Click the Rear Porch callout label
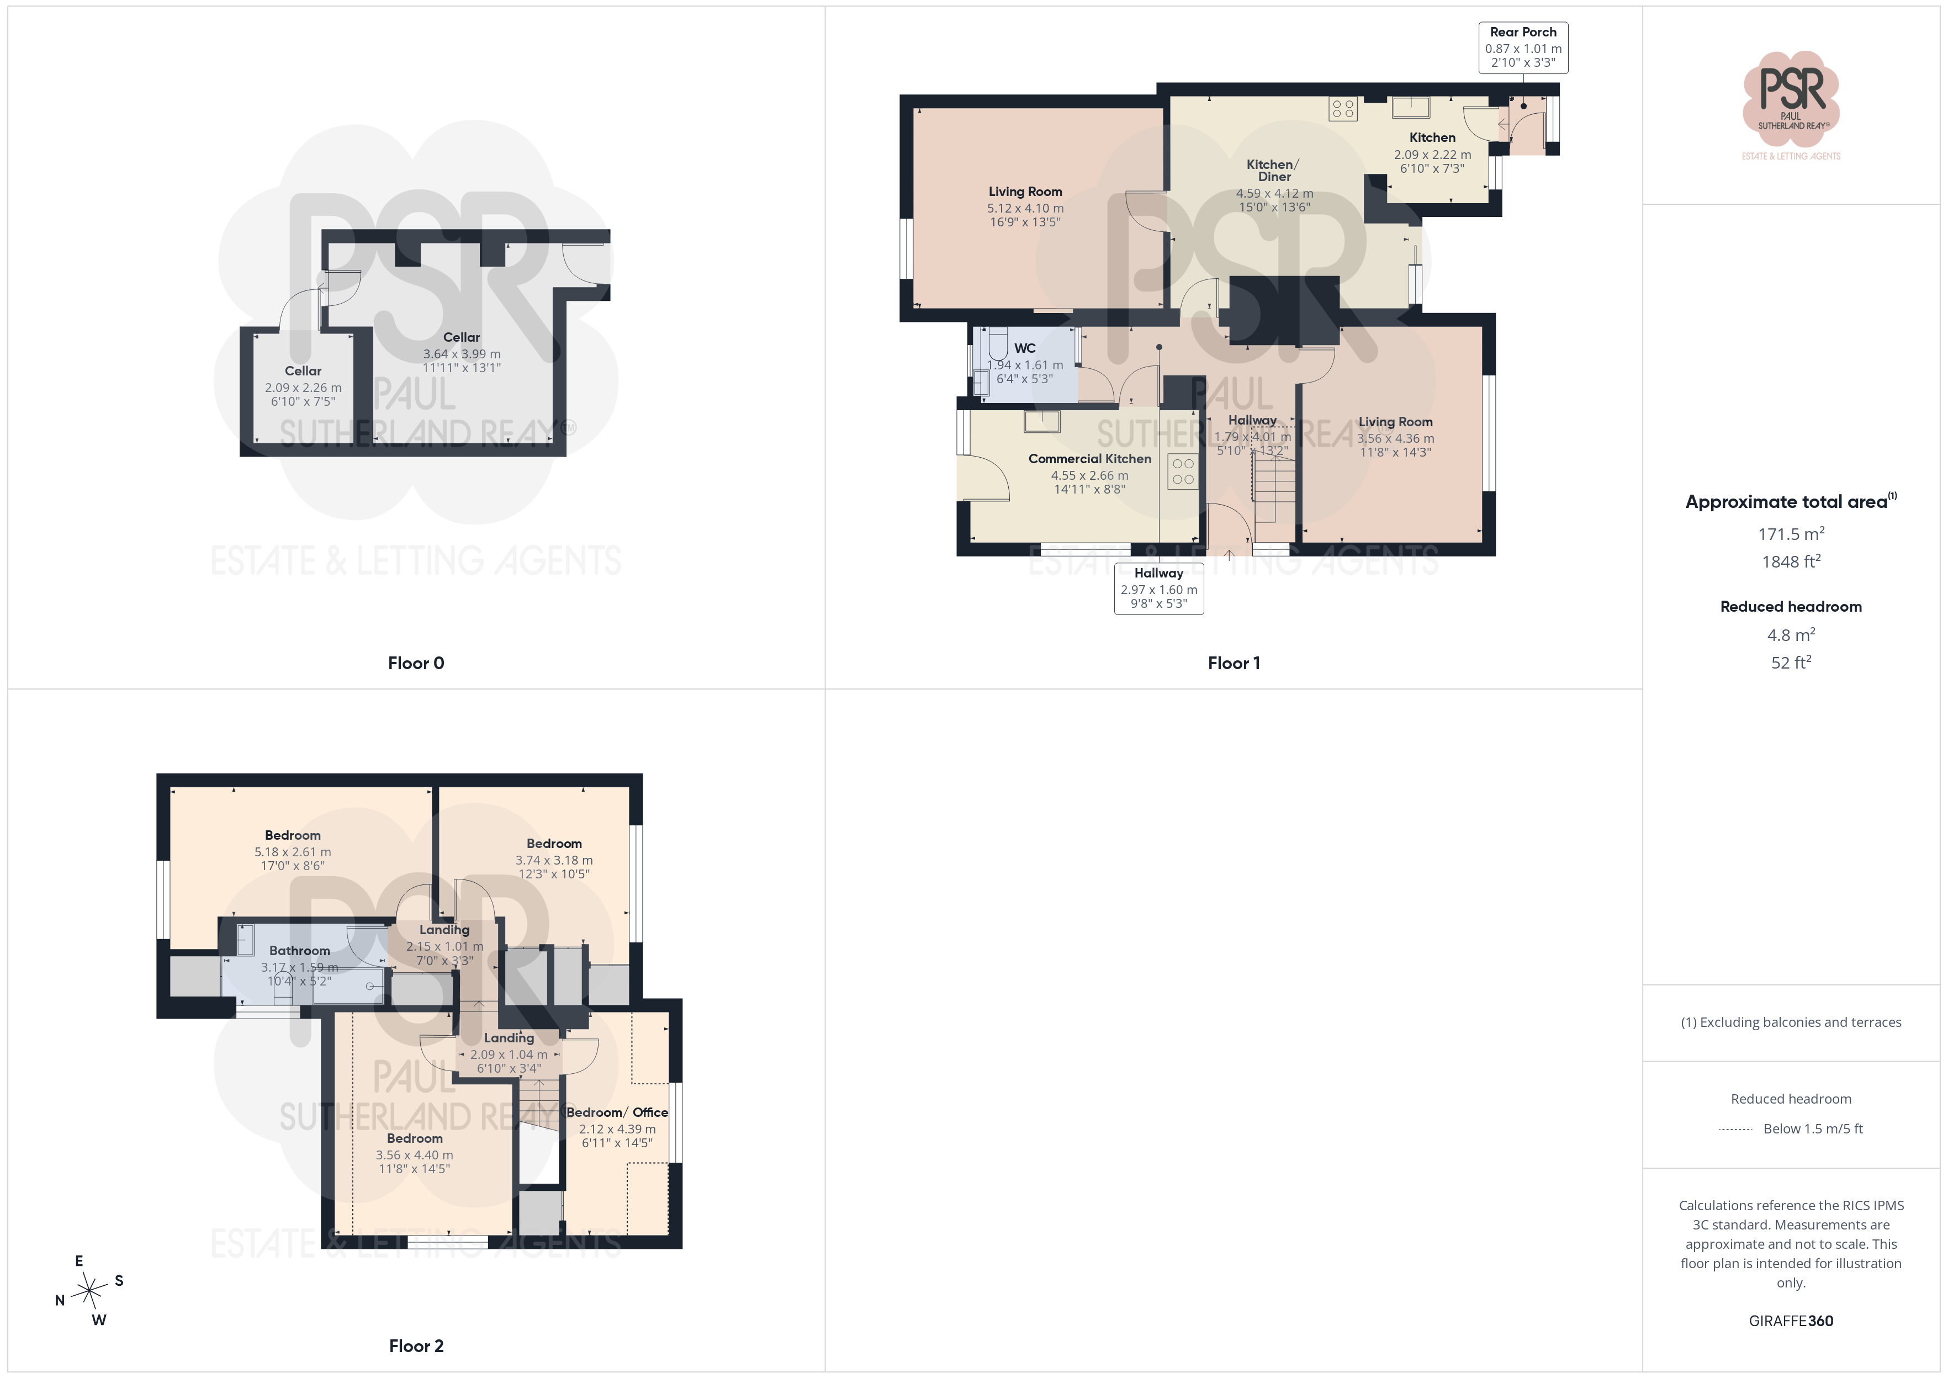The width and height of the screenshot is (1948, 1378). [x=1523, y=47]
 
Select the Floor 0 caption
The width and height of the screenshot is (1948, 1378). [x=416, y=662]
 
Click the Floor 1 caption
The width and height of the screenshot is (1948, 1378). [x=1234, y=662]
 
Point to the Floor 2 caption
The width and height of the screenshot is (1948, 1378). [x=416, y=1346]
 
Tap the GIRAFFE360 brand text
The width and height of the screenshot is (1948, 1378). [x=1791, y=1321]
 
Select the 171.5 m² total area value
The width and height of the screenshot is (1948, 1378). [x=1791, y=534]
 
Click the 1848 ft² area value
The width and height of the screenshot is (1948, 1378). [x=1791, y=561]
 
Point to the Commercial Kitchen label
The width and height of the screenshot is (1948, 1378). [x=1089, y=459]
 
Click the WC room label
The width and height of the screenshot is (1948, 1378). [x=1025, y=348]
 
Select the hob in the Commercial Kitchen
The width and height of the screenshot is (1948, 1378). [x=1183, y=472]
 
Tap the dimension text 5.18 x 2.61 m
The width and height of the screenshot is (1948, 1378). [x=293, y=852]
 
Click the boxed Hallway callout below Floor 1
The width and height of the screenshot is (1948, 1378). [x=1159, y=588]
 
